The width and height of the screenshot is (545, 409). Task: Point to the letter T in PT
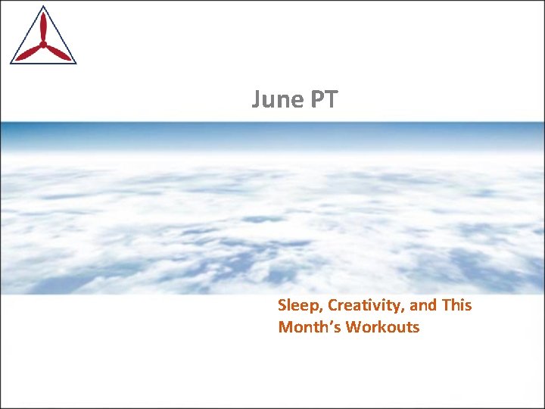(335, 100)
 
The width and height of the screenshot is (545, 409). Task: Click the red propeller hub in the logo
(43, 45)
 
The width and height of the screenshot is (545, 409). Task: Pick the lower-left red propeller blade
(30, 53)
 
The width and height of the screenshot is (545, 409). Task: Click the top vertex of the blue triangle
(43, 8)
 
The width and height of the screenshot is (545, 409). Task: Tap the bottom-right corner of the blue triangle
(75, 62)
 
